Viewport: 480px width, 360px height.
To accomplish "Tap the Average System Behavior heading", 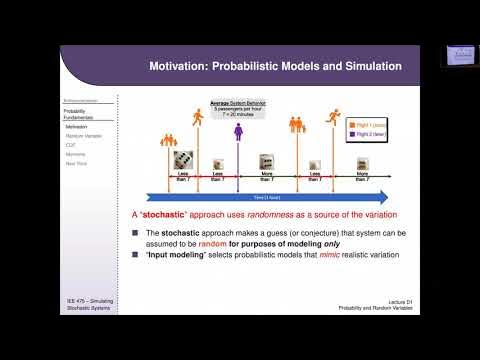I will pos(236,102).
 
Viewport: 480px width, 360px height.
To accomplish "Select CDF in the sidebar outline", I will pos(71,145).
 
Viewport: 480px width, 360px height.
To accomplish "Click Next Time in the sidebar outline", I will pos(76,163).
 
